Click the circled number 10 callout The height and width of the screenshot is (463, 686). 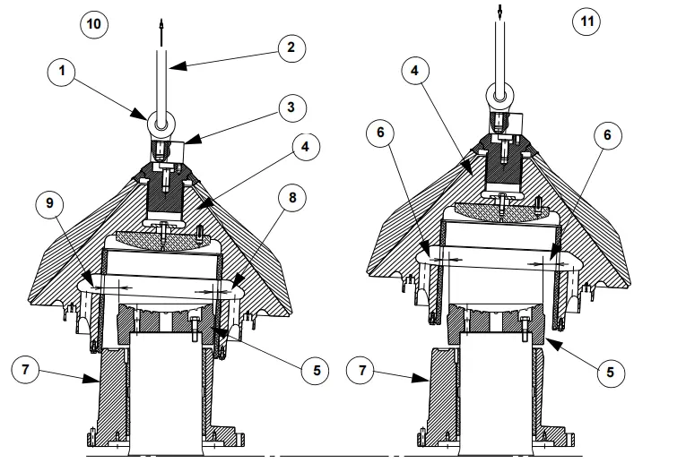pos(94,23)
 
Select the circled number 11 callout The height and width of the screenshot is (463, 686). pos(586,22)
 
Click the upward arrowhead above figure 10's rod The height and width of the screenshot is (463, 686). pos(162,24)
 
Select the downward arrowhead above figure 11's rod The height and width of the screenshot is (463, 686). pos(499,13)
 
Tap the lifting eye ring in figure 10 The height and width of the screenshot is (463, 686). pos(162,118)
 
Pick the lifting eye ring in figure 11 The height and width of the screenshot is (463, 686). pos(499,93)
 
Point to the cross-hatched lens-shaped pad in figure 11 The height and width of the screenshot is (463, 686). pos(499,210)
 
